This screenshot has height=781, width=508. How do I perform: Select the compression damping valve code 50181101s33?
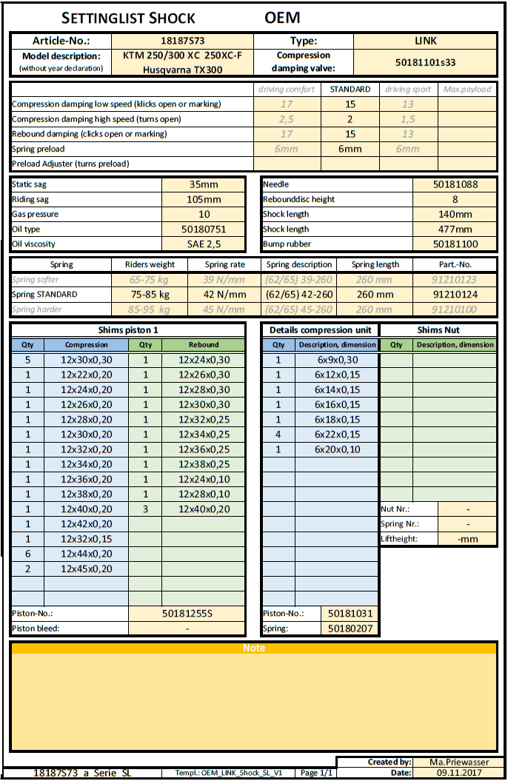tap(425, 62)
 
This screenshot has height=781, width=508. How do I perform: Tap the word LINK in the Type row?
tap(425, 41)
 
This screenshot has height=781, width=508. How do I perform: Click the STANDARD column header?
tap(350, 90)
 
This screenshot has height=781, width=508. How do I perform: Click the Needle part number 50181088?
tap(455, 184)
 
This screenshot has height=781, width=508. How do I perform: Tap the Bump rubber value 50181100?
tap(455, 244)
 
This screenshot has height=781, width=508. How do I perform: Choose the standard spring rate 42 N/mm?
tap(225, 294)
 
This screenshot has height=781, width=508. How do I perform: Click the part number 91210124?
tap(455, 294)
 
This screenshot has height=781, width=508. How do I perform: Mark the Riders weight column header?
tap(150, 264)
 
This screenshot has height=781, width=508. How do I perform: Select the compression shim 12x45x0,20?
tap(87, 569)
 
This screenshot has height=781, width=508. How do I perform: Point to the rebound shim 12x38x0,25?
tap(204, 464)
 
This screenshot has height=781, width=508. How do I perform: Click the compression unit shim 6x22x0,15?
tap(338, 435)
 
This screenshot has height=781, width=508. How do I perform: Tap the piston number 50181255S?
tap(187, 614)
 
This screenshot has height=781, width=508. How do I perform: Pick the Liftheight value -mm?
tap(467, 539)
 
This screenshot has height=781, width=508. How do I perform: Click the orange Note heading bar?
tap(254, 648)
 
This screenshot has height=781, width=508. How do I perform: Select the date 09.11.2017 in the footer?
tap(458, 773)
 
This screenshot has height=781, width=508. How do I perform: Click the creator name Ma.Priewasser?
tap(458, 762)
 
